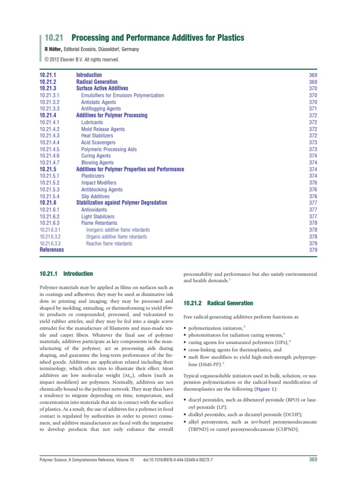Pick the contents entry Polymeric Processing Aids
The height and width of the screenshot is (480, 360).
pyautogui.click(x=109, y=149)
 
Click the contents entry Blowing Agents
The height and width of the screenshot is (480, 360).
pyautogui.click(x=97, y=163)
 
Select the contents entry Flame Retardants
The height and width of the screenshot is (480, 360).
pyautogui.click(x=99, y=223)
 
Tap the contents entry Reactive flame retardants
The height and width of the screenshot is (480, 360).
pyautogui.click(x=109, y=244)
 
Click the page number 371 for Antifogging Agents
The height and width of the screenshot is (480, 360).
pyautogui.click(x=313, y=109)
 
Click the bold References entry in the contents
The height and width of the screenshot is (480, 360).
pyautogui.click(x=52, y=250)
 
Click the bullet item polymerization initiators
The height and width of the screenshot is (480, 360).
pyautogui.click(x=214, y=326)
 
